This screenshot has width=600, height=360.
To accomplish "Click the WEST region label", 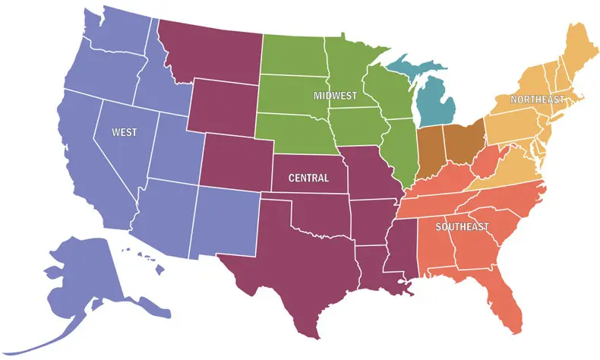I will (x=125, y=132).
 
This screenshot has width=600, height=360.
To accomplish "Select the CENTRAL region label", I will (x=308, y=178).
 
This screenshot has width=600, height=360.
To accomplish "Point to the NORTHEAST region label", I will (x=537, y=100).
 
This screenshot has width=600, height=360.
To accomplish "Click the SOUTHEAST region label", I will (x=463, y=227).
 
